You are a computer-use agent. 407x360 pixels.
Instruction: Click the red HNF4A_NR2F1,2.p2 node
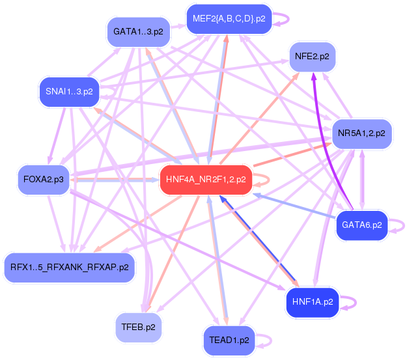206,179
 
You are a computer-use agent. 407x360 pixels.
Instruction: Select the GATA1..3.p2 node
138,31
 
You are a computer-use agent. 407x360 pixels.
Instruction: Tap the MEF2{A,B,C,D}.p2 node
228,19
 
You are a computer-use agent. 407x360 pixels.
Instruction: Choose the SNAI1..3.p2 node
68,91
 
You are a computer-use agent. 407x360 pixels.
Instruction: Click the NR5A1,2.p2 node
361,133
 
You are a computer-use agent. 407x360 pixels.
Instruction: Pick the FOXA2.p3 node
43,178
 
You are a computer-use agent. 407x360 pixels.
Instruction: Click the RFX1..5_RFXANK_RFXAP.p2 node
70,266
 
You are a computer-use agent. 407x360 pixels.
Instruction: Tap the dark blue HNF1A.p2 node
313,302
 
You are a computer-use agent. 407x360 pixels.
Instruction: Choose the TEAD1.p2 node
226,340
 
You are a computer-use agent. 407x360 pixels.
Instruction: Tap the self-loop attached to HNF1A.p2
350,302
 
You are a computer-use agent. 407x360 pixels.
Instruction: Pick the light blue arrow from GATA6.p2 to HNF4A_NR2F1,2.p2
293,206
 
